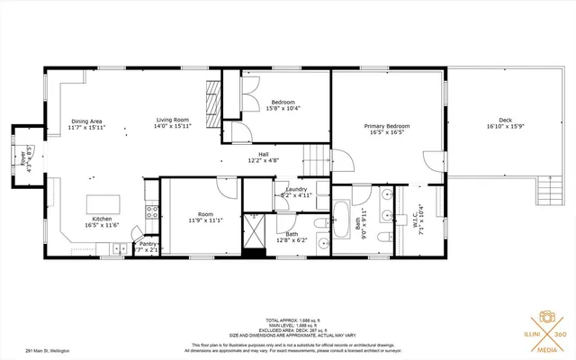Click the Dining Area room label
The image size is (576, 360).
(86, 124)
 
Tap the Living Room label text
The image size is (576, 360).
(171, 124)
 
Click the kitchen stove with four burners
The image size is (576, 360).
(153, 213)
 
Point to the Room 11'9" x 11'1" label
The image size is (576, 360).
(205, 217)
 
